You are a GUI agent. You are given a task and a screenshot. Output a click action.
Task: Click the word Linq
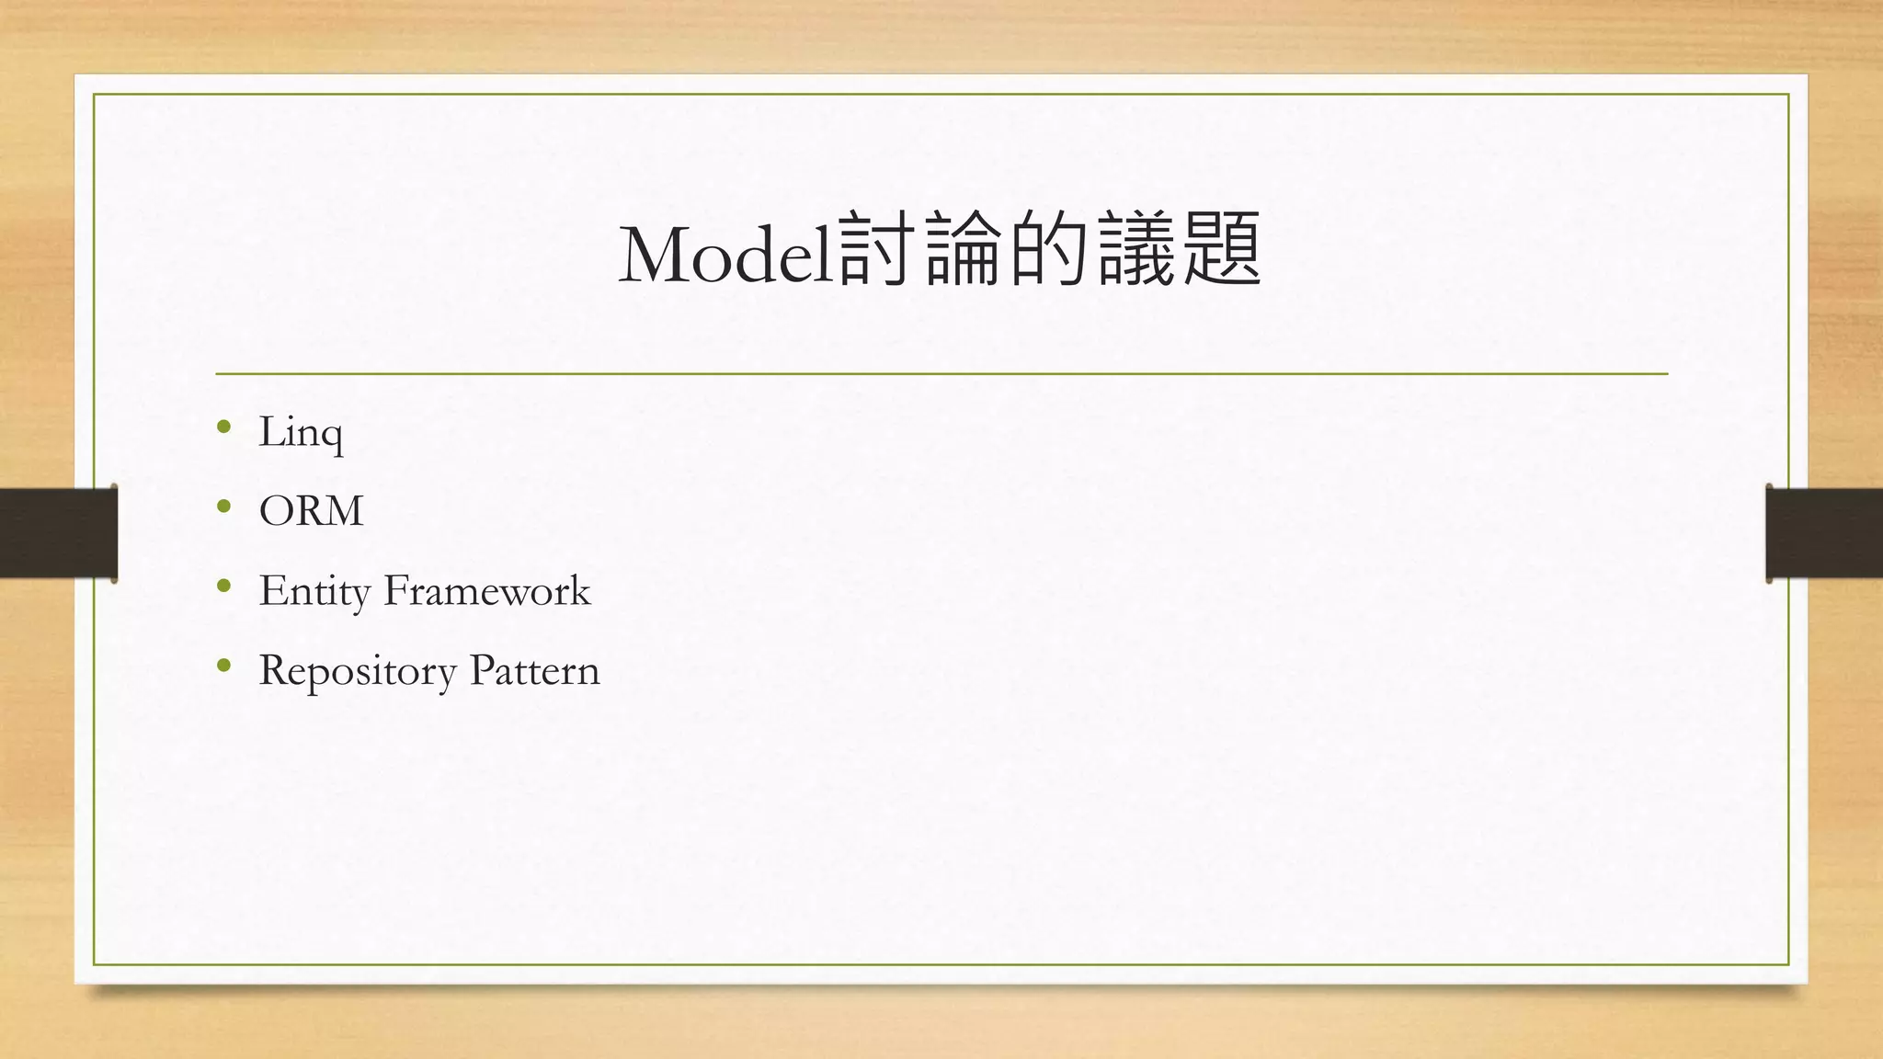pyautogui.click(x=301, y=432)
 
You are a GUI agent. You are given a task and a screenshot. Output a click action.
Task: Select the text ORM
pyautogui.click(x=311, y=511)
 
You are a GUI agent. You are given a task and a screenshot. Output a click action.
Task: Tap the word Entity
pyautogui.click(x=314, y=591)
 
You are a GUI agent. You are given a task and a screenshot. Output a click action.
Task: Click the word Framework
pyautogui.click(x=486, y=590)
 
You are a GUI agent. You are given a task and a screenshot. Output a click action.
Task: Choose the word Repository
pyautogui.click(x=358, y=671)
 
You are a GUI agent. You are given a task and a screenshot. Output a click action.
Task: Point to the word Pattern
pyautogui.click(x=534, y=670)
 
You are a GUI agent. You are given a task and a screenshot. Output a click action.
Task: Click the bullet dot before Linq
pyautogui.click(x=223, y=427)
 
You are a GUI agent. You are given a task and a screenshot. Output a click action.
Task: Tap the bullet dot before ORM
pyautogui.click(x=223, y=506)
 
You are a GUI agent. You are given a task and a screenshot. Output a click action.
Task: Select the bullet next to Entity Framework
pyautogui.click(x=223, y=586)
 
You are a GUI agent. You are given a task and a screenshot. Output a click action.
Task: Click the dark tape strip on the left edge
pyautogui.click(x=58, y=533)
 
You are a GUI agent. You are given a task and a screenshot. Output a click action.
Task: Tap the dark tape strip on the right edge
pyautogui.click(x=1824, y=533)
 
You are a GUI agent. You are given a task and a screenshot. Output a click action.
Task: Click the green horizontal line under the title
pyautogui.click(x=941, y=374)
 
